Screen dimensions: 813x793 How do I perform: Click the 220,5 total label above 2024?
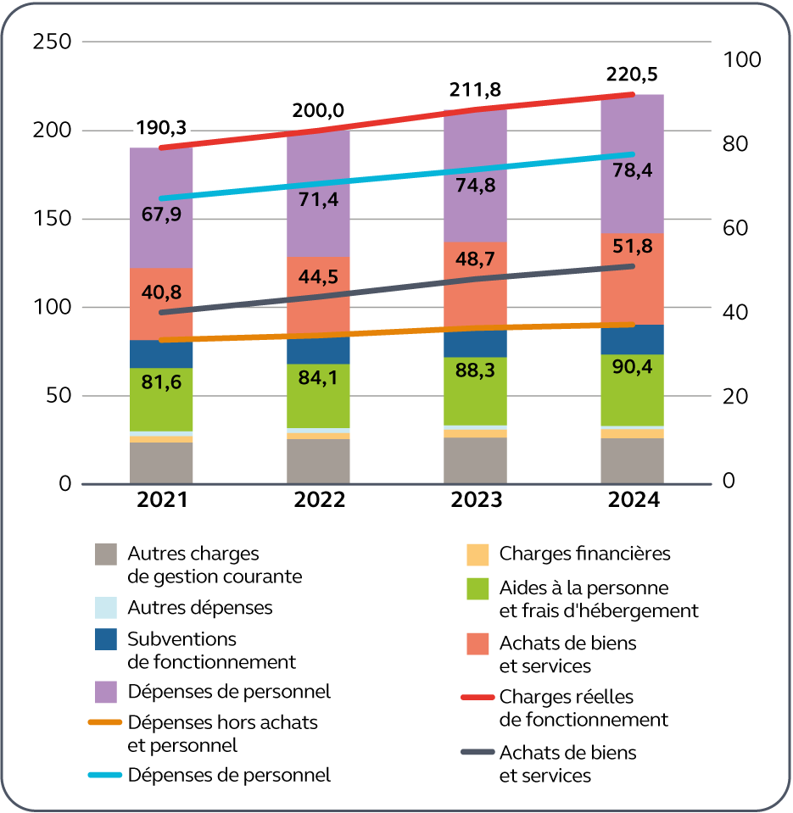[x=632, y=75]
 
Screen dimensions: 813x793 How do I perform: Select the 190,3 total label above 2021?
[x=161, y=128]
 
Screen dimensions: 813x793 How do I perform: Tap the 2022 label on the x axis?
[x=320, y=500]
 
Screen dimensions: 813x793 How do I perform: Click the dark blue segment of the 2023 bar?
[x=475, y=343]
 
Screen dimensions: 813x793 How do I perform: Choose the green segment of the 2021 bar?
[x=161, y=399]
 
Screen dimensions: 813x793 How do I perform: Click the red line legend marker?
[x=476, y=698]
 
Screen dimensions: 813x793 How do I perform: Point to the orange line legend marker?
[x=106, y=723]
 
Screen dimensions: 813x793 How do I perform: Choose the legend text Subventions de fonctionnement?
[x=211, y=649]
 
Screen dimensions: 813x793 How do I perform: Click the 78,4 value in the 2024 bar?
[x=632, y=170]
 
